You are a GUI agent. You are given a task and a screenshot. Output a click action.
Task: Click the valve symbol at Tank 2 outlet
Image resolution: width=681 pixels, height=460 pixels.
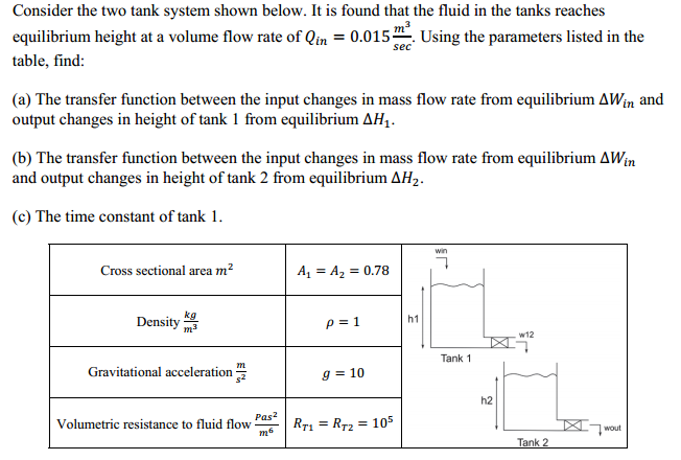[x=573, y=425]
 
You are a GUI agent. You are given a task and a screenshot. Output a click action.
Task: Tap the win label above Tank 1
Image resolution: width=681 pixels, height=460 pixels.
[x=441, y=251]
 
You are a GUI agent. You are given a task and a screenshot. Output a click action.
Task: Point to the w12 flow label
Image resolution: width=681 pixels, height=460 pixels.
[x=526, y=335]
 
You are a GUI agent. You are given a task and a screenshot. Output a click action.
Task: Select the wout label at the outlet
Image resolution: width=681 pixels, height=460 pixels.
[x=612, y=428]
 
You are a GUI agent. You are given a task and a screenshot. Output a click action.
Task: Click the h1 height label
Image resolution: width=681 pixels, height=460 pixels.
[x=413, y=319]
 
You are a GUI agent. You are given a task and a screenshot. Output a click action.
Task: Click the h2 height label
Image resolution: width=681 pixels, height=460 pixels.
[x=486, y=400]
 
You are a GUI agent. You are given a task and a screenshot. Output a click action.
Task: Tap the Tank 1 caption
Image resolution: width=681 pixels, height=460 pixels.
[x=456, y=358]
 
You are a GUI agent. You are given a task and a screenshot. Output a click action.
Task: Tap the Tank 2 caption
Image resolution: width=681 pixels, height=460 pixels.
[x=533, y=442]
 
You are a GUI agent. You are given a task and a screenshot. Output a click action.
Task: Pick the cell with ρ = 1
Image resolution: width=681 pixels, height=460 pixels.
[x=343, y=322]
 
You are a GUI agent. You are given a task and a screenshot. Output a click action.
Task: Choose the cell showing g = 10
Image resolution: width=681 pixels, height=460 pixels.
[x=343, y=373]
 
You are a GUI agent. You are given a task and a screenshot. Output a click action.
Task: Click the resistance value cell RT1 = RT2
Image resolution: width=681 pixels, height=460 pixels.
[x=343, y=423]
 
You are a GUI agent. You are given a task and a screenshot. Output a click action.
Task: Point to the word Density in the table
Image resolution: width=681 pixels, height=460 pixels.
[x=158, y=322]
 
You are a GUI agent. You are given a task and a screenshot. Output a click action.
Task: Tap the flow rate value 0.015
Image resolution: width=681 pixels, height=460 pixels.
[x=369, y=37]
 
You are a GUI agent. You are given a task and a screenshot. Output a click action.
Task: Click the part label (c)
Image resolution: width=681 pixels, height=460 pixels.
[x=22, y=217]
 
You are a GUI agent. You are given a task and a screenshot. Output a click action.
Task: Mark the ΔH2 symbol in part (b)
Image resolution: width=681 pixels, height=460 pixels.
[x=407, y=178]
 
